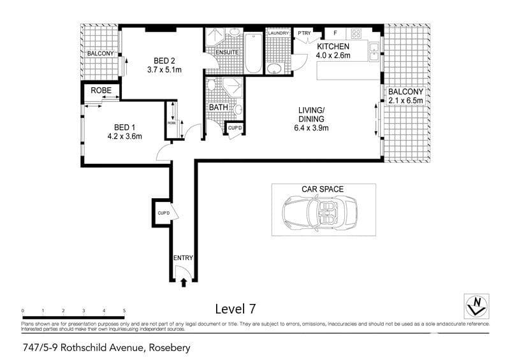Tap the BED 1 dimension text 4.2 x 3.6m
[x=124, y=136]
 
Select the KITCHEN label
[x=333, y=47]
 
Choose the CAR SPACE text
[x=323, y=189]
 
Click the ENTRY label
[x=183, y=258]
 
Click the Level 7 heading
[x=236, y=309]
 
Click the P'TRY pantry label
[x=303, y=33]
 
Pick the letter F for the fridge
[x=335, y=32]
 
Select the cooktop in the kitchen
[x=355, y=33]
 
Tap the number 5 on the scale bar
[x=124, y=310]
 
